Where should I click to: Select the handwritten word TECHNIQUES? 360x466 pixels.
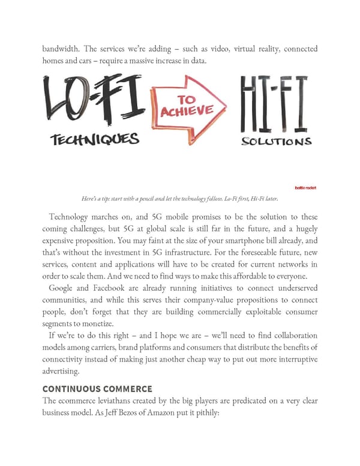pyautogui.click(x=95, y=139)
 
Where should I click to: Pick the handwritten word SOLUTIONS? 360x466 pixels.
pyautogui.click(x=275, y=142)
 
